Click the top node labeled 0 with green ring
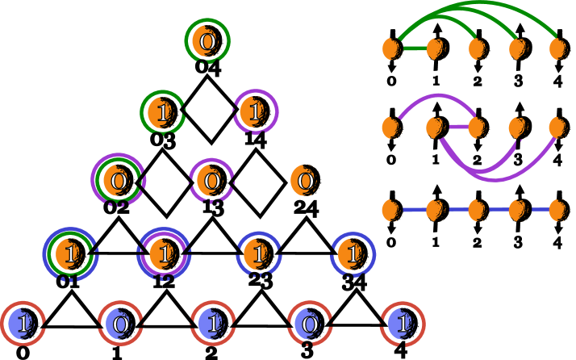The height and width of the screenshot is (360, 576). pos(207,41)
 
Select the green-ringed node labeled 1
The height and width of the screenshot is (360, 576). pos(163,112)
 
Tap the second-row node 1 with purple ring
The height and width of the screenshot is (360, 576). pos(255,112)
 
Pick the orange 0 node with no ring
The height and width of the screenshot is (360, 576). pos(304,181)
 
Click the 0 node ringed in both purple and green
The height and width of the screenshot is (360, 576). pos(118,180)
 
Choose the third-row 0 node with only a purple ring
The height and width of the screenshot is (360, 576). pos(211,181)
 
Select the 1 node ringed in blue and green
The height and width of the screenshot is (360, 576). pos(70,253)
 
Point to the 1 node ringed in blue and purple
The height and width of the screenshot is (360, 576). pos(164,253)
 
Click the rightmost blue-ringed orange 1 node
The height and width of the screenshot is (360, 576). pos(352,254)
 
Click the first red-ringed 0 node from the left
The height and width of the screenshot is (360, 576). pos(119,324)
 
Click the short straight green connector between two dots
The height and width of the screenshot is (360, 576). pos(414,48)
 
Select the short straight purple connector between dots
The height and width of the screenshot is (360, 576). pos(457,127)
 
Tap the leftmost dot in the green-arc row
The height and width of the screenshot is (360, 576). pos(391,48)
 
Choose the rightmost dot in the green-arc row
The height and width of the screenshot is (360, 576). pos(557,48)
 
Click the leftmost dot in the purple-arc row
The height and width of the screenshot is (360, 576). pos(390,128)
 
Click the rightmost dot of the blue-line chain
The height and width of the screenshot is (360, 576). pos(557,210)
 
